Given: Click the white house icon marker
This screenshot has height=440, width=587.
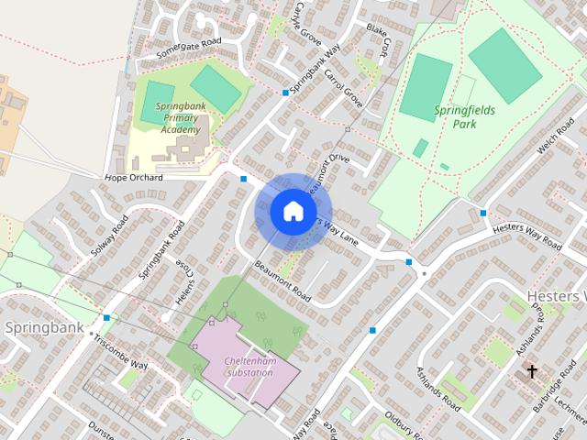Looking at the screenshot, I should [x=293, y=212].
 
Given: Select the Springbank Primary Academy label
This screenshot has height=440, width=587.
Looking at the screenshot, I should [x=180, y=118].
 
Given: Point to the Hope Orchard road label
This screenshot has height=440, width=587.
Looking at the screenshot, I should [x=134, y=178].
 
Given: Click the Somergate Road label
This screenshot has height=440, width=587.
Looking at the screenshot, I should [x=189, y=48].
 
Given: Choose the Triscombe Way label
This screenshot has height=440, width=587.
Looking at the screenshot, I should [x=120, y=349].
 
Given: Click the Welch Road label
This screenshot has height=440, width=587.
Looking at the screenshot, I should [x=555, y=141].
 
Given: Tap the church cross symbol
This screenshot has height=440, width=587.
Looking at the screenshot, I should [x=531, y=372].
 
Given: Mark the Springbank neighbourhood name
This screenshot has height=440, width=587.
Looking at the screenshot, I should [x=44, y=327].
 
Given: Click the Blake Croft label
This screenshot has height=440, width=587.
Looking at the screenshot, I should [x=378, y=40].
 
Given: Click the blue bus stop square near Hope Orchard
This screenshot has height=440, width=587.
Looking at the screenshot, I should [x=244, y=179].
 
